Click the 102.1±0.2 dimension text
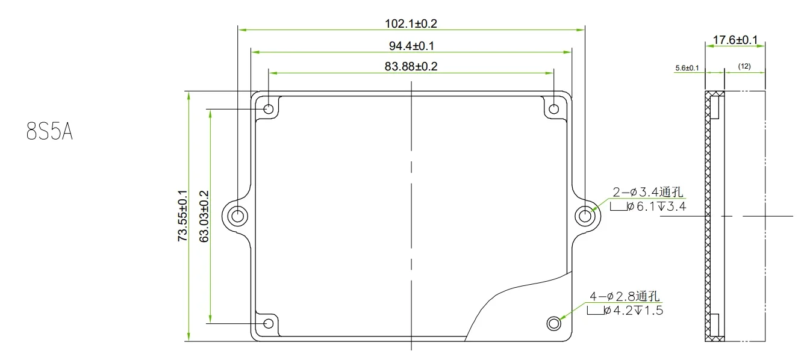tap(411, 23)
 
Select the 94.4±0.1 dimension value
tap(411, 46)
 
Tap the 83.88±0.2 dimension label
tap(411, 66)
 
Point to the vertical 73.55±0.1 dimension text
tap(182, 216)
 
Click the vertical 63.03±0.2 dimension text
tap(204, 217)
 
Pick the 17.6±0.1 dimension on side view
tap(735, 40)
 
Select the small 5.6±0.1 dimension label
tap(687, 68)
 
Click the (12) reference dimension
tap(744, 66)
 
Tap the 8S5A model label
tap(49, 131)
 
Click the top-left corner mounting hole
tap(269, 109)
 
